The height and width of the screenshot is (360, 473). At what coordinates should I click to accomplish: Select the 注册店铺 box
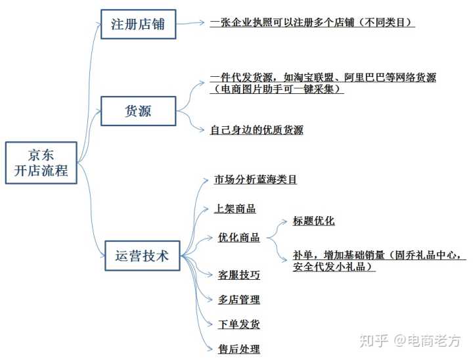click(138, 25)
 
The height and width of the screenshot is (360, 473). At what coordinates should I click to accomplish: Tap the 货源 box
click(138, 111)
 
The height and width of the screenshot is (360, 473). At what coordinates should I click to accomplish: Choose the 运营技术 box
click(142, 256)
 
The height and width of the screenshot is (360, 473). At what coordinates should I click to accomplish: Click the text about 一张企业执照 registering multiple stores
click(313, 22)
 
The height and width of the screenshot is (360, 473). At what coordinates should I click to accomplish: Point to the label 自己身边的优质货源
click(256, 130)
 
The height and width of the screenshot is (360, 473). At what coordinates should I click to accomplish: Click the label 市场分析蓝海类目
click(256, 179)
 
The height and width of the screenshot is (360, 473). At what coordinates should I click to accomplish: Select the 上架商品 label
click(235, 209)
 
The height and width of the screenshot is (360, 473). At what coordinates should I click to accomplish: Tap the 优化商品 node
click(238, 238)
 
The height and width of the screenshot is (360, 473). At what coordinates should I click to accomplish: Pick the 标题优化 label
click(313, 221)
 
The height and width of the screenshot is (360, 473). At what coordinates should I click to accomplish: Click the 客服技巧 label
click(238, 275)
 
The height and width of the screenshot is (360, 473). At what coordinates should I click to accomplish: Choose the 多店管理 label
click(238, 300)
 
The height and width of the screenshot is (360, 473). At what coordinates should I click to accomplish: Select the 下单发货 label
click(238, 325)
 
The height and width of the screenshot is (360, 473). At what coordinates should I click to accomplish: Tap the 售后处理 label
click(238, 349)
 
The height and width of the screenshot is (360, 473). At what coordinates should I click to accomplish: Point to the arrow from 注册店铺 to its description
click(191, 23)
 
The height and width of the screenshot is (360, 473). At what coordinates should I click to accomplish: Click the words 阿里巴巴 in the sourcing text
click(368, 78)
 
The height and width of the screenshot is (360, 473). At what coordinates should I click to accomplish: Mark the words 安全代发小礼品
click(334, 267)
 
